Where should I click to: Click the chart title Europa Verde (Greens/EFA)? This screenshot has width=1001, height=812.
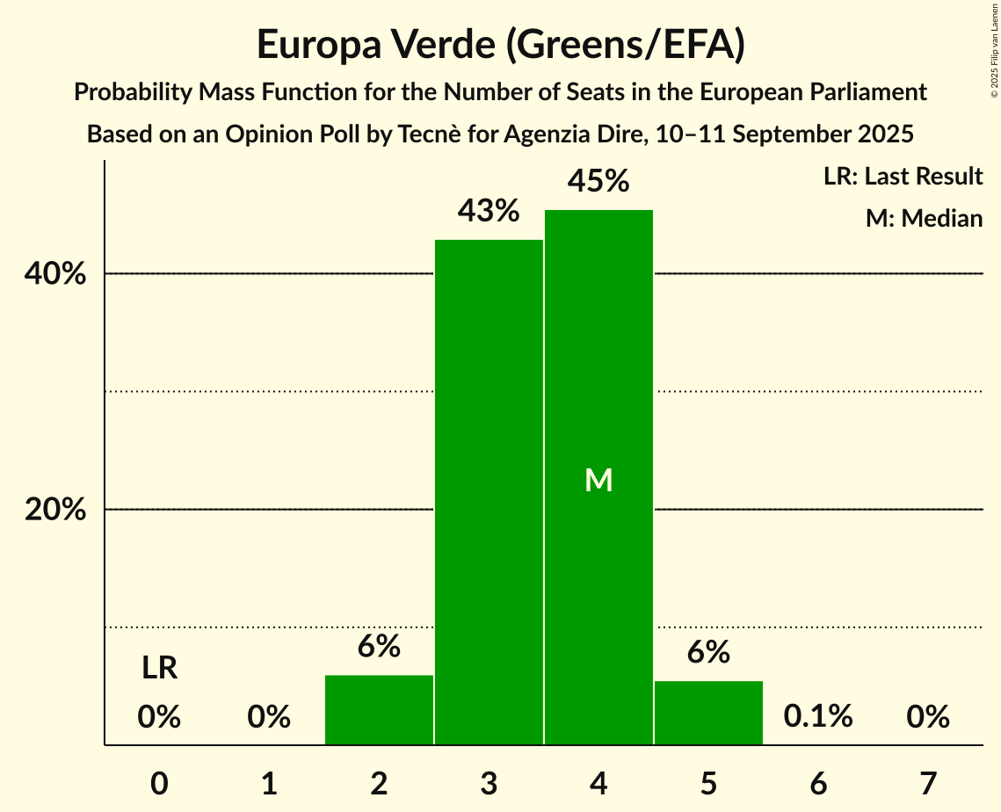(501, 45)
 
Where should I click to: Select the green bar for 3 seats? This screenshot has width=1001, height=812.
(489, 492)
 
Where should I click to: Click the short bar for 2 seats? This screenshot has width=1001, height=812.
(379, 710)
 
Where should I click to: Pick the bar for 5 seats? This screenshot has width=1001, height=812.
(708, 713)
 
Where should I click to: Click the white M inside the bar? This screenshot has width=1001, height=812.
(598, 480)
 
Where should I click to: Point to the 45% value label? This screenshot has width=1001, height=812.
(598, 181)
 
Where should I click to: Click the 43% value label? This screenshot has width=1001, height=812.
(489, 211)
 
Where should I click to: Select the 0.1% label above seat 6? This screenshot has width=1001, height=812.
(818, 716)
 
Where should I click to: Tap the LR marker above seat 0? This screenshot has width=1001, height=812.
(159, 669)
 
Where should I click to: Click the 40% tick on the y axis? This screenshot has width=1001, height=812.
(55, 274)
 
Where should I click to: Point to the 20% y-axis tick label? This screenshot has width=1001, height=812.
(55, 510)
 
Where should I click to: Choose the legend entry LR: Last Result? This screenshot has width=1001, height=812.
(903, 177)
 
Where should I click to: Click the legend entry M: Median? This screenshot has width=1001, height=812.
(924, 218)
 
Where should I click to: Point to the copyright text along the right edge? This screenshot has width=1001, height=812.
(994, 53)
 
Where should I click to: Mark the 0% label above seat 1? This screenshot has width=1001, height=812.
(269, 717)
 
